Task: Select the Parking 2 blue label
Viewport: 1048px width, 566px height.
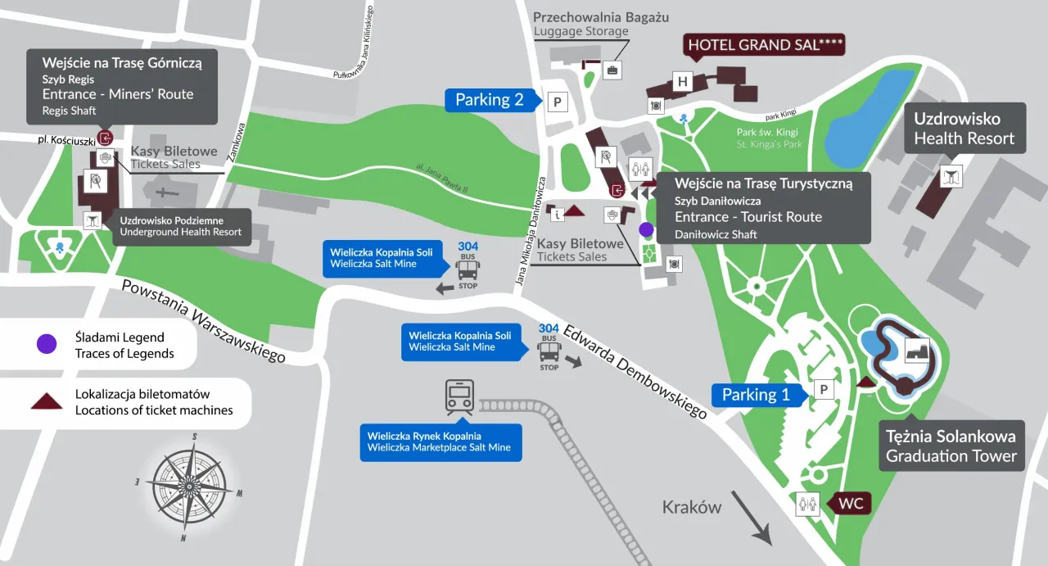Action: [x=490, y=100]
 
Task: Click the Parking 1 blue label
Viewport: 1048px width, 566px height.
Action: [x=756, y=395]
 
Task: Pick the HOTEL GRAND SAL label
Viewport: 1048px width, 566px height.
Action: [x=764, y=45]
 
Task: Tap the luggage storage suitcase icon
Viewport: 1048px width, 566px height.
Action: [x=612, y=70]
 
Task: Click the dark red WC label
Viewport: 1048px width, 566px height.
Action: [x=851, y=504]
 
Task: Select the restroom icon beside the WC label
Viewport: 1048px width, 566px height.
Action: [x=807, y=505]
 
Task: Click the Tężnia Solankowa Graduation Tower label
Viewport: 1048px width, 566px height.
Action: [x=951, y=446]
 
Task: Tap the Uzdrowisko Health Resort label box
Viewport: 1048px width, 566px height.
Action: [x=964, y=129]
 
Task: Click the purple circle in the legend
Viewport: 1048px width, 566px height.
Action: [x=47, y=344]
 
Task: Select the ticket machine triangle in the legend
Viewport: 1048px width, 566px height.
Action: [x=47, y=401]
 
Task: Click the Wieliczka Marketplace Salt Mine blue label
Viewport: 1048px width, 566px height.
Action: [x=440, y=441]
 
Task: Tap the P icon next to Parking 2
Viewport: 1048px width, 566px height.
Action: [x=557, y=102]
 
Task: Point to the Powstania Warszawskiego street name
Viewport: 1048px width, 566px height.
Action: [x=203, y=320]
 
